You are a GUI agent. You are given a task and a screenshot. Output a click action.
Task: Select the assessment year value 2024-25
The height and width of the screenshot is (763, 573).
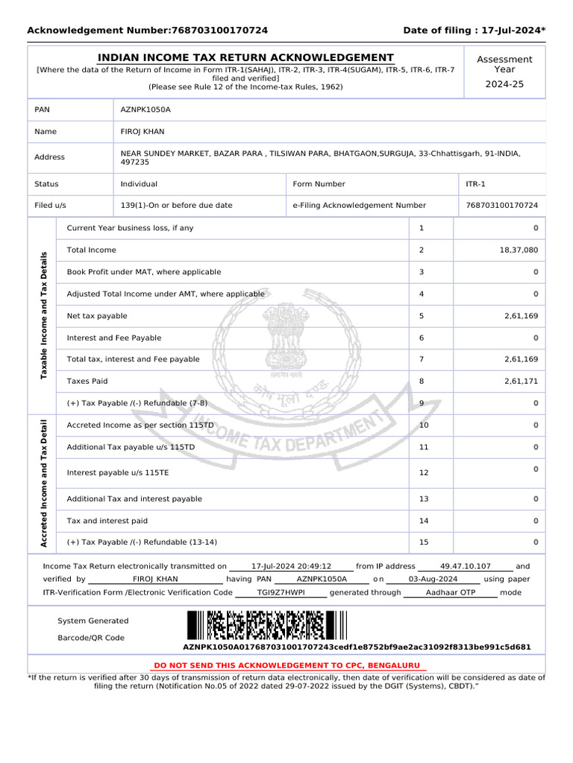(x=504, y=84)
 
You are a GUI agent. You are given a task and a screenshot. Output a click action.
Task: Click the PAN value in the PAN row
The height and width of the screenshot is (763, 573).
(x=145, y=110)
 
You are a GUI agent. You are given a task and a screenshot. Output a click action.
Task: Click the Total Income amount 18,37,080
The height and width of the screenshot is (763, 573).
(x=519, y=250)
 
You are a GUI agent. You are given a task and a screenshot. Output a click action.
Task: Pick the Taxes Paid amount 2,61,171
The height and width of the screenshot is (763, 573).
(x=519, y=381)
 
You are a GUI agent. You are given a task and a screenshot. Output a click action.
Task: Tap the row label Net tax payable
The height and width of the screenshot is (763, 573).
(x=97, y=316)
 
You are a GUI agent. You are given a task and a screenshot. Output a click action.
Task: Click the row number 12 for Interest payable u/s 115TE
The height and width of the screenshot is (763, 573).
(x=424, y=473)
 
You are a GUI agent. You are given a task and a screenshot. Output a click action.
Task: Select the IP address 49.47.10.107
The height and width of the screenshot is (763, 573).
(x=466, y=566)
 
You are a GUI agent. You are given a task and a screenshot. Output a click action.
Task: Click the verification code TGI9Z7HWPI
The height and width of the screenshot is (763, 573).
(x=281, y=592)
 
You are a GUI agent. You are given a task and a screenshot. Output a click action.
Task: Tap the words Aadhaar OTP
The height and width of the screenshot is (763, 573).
(x=451, y=592)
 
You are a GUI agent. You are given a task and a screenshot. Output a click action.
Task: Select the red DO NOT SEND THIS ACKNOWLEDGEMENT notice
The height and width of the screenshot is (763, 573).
(x=286, y=665)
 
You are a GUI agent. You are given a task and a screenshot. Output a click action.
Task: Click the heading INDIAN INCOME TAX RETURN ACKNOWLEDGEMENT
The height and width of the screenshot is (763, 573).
(x=246, y=58)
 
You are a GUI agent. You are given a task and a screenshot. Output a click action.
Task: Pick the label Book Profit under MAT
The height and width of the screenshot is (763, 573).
(x=144, y=272)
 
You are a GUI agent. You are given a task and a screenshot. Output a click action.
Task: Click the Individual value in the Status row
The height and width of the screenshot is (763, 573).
(x=139, y=183)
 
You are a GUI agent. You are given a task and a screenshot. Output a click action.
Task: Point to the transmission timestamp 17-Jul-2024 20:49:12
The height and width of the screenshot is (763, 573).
(x=291, y=566)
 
